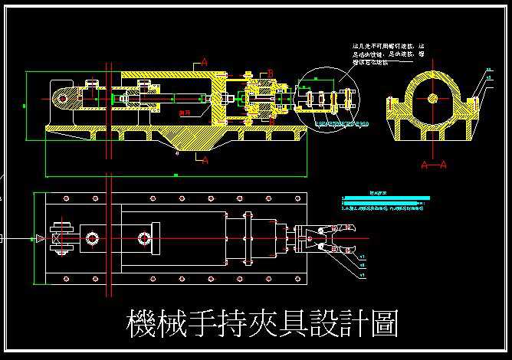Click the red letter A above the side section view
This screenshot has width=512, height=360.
(204, 60)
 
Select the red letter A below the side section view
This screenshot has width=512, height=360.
(204, 160)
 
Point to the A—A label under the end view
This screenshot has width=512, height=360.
(434, 164)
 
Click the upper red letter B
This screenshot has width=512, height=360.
(271, 73)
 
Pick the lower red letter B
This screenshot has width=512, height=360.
(271, 120)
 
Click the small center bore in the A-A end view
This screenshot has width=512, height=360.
(434, 98)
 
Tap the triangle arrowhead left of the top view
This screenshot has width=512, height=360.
(37, 239)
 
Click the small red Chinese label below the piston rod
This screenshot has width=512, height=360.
(184, 113)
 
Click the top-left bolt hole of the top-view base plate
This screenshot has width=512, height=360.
(52, 201)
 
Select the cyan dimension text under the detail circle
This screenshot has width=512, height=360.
(342, 123)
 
